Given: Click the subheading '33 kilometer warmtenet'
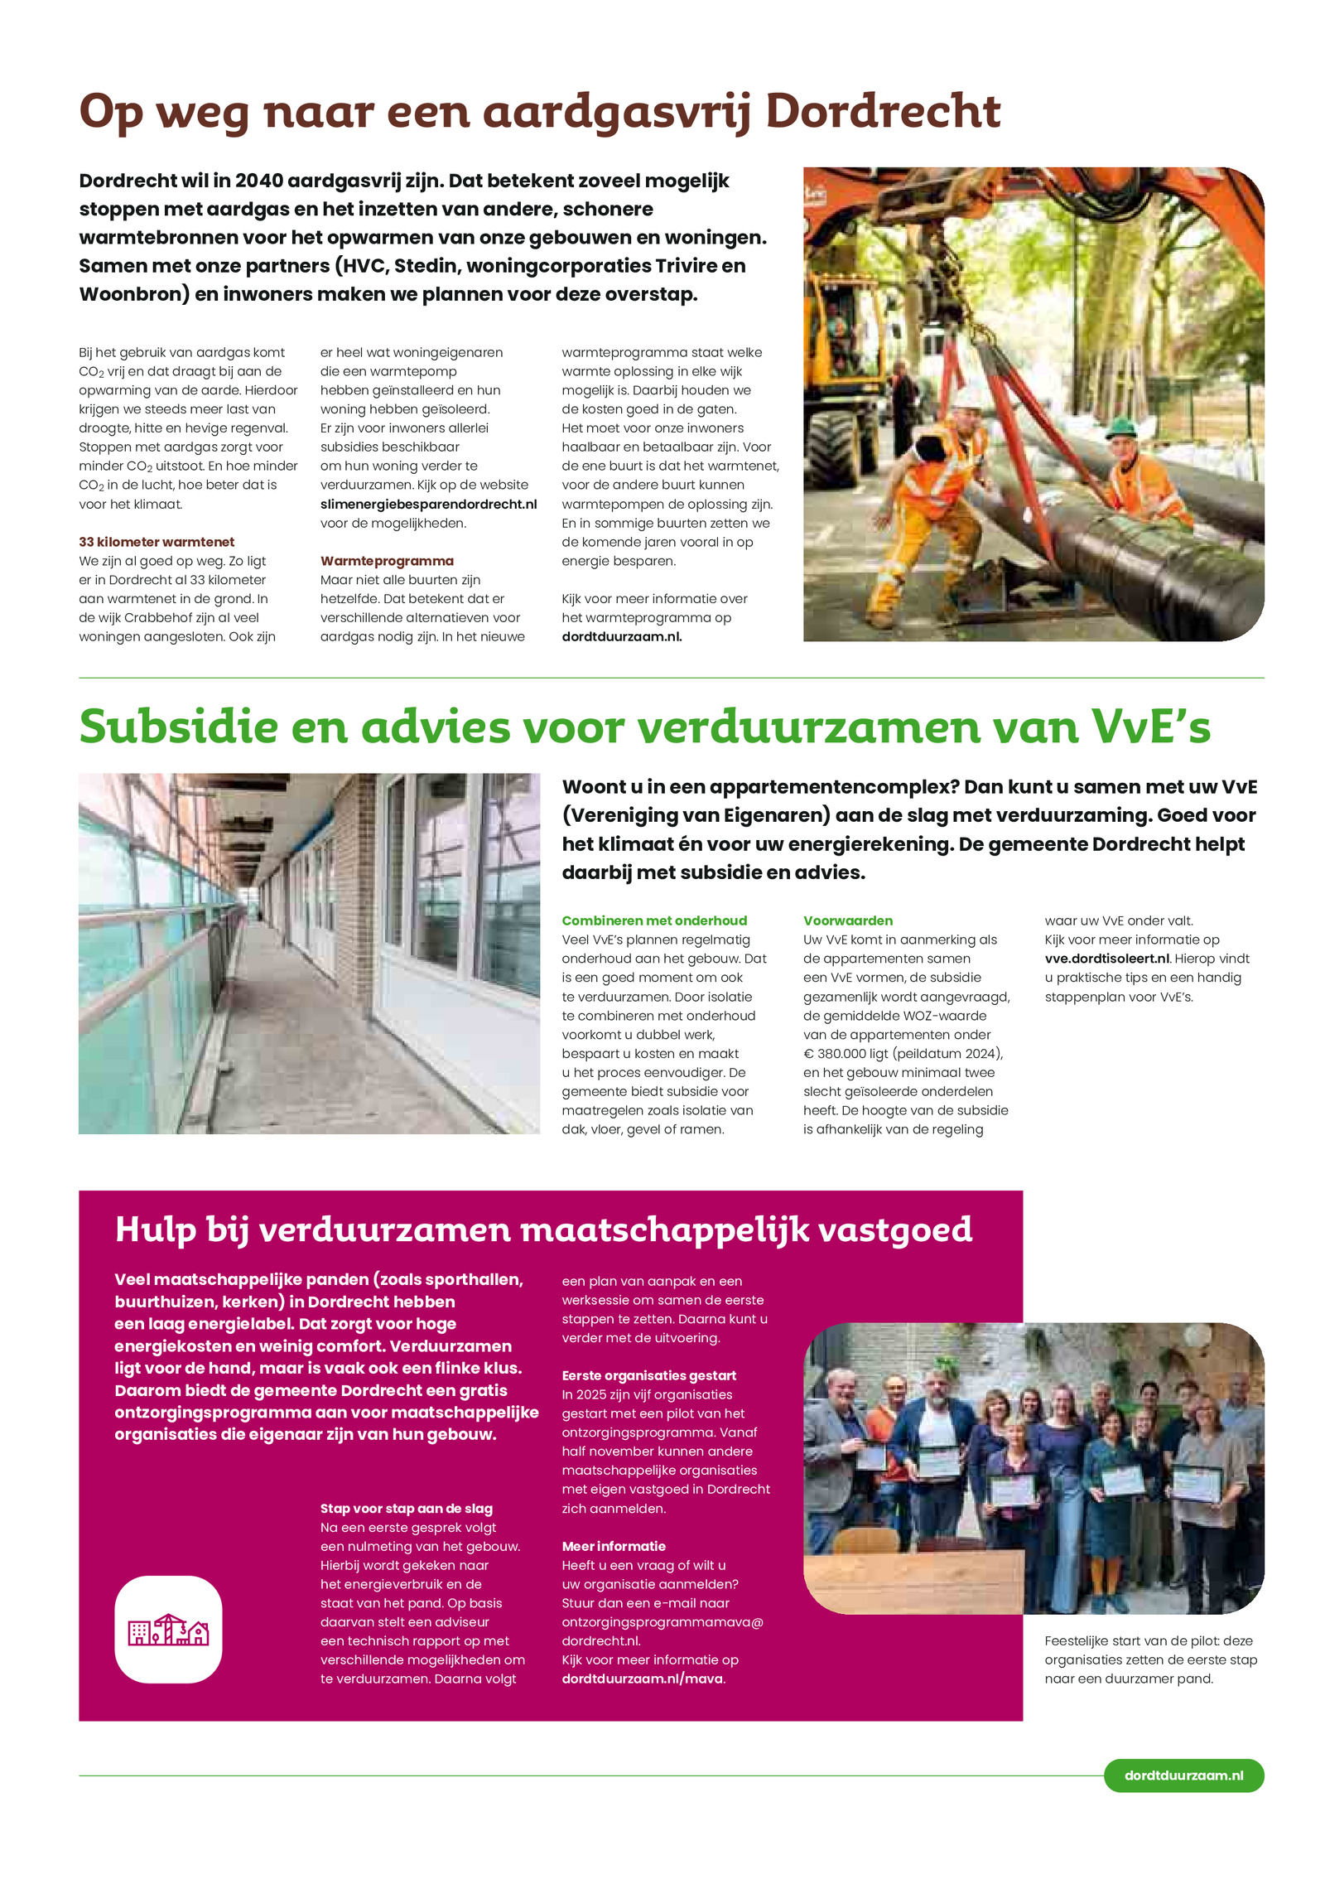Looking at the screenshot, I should click(x=157, y=542).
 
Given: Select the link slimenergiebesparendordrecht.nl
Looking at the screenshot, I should click(x=428, y=504).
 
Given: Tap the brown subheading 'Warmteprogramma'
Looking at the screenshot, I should click(x=387, y=561).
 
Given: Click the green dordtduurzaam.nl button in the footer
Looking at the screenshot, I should click(x=1183, y=1775).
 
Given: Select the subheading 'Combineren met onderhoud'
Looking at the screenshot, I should click(x=654, y=920).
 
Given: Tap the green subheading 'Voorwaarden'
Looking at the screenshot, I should click(x=847, y=920).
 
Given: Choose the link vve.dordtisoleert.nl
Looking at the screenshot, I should click(x=1107, y=959).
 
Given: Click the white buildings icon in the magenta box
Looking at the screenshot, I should click(x=168, y=1630).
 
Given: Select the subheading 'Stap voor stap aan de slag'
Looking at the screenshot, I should click(x=407, y=1509).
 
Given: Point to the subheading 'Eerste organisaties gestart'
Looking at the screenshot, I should click(x=648, y=1375).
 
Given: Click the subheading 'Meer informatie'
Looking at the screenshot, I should click(x=614, y=1546).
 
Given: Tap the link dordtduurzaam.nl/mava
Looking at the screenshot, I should click(x=643, y=1679).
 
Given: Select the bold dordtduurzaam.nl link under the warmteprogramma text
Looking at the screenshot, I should click(x=621, y=636).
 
